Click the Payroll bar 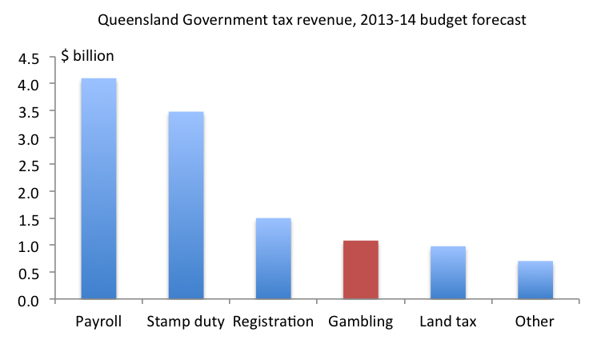(x=98, y=189)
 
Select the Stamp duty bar (x=186, y=206)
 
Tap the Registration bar (x=273, y=258)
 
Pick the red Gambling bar (x=360, y=270)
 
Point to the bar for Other (x=535, y=280)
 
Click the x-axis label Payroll (x=98, y=322)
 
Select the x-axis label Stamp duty (x=186, y=322)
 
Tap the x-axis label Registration (x=273, y=322)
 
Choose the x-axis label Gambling (x=360, y=322)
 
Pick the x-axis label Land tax (x=447, y=322)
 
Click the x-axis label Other (x=535, y=322)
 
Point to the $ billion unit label (x=88, y=56)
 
